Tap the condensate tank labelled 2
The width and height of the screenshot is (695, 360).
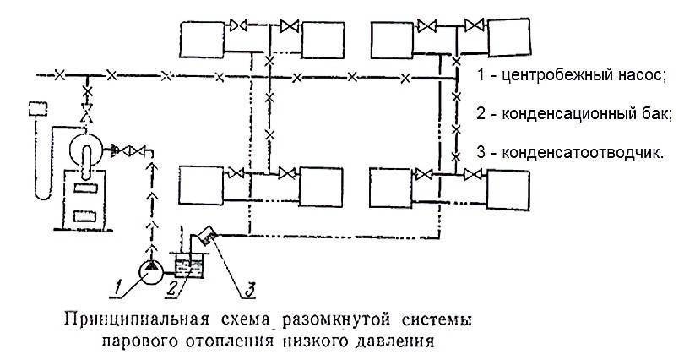coord(185,267)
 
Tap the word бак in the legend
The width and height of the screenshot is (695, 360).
coord(652,114)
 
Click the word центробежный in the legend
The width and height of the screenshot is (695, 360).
coord(556,74)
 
